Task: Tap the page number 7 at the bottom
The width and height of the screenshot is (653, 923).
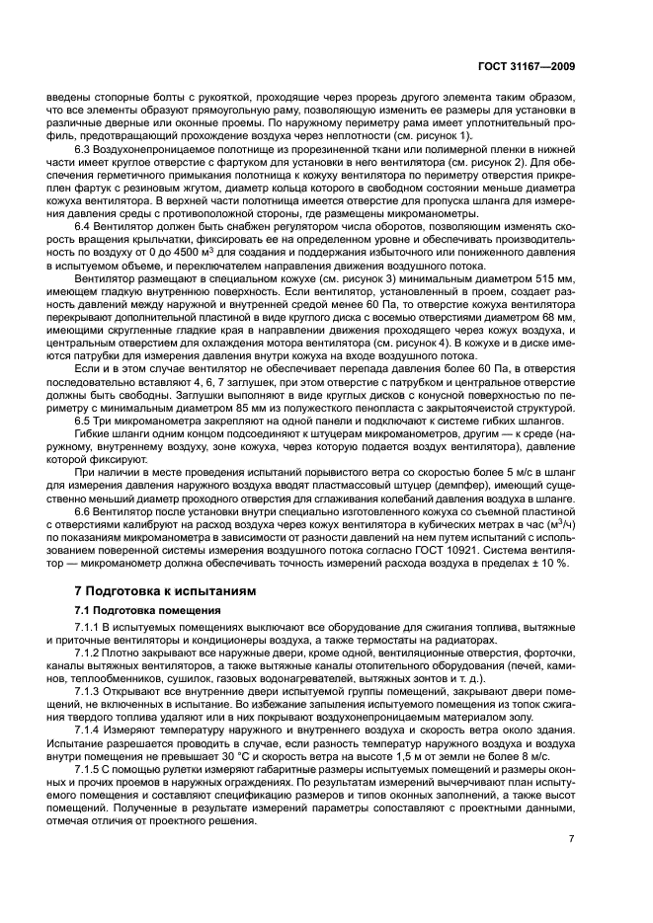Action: point(572,839)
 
